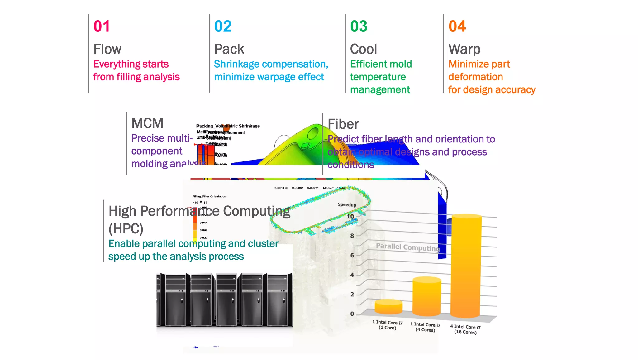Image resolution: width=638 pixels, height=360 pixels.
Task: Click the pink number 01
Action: coord(102,26)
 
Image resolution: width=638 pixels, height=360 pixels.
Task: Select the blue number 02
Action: coord(223,26)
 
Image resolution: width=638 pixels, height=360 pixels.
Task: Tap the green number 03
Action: coord(359,26)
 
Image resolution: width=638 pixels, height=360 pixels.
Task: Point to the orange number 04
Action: coord(457,26)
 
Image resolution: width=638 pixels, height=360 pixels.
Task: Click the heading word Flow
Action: coord(107,49)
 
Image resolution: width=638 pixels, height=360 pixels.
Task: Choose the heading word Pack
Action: coord(229,49)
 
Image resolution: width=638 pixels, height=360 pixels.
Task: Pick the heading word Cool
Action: coord(363,49)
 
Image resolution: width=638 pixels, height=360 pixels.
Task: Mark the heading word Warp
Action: coord(464,49)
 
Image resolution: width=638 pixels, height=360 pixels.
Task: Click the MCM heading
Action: coord(147,123)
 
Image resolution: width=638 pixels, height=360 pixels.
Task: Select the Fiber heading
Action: coord(343,124)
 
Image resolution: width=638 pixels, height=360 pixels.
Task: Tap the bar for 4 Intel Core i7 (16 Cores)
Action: coord(466,265)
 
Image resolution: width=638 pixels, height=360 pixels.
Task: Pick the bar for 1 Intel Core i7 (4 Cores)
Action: coord(426,296)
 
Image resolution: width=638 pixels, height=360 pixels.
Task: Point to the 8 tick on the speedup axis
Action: coord(352,236)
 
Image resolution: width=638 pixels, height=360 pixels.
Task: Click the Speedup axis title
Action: coord(347,204)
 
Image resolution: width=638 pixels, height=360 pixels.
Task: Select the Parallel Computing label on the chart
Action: coord(407,247)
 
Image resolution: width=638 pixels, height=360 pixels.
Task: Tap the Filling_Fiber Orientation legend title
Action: coord(209,196)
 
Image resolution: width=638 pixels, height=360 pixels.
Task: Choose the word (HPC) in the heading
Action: coord(126,229)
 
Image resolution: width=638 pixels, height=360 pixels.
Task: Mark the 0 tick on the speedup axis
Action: coord(352,314)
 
